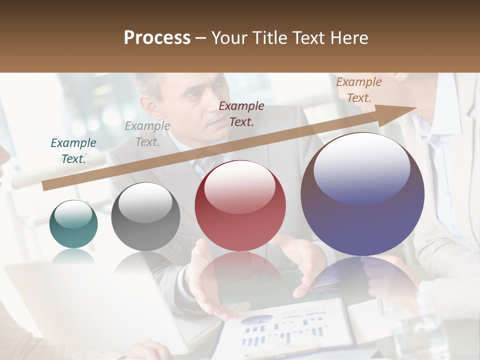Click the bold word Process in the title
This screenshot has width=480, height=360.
click(157, 38)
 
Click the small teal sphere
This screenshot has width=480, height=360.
click(73, 224)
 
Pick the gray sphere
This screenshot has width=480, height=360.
click(145, 216)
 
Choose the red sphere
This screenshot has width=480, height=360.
click(240, 205)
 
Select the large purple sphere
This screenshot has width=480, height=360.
click(362, 194)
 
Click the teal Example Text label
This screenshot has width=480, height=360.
click(73, 151)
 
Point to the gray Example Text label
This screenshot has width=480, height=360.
click(147, 134)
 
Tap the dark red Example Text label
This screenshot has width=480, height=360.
click(241, 113)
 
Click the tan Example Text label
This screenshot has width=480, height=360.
click(359, 90)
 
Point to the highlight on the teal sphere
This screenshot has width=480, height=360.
click(73, 214)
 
